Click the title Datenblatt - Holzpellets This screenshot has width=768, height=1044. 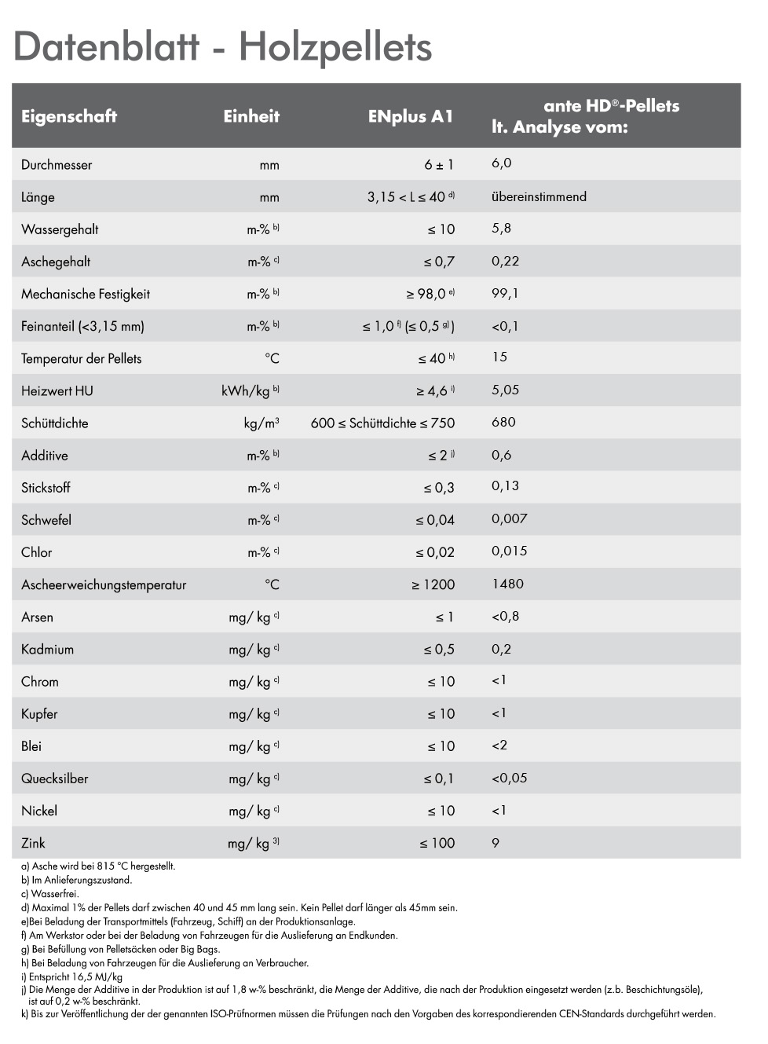[222, 46]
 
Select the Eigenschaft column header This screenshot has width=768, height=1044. [69, 116]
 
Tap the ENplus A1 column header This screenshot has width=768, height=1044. [411, 116]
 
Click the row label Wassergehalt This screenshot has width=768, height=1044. [60, 229]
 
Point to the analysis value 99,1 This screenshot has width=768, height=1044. [505, 293]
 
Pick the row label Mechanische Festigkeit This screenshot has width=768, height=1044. [86, 294]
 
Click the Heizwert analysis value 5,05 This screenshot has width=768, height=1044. [505, 390]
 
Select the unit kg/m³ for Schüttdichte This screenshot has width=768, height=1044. [261, 423]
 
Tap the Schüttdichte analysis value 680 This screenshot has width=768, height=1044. [503, 422]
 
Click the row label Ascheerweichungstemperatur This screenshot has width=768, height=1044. [104, 584]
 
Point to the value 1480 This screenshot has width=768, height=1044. [507, 584]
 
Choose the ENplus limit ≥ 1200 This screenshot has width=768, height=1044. [433, 584]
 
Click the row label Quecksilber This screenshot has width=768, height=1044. [54, 778]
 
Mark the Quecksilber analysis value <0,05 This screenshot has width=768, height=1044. [509, 778]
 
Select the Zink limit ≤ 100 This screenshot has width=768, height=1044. [437, 843]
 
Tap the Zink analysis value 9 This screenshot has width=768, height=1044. [496, 843]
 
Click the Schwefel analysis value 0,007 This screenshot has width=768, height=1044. [509, 518]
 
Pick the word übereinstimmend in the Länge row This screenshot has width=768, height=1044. [539, 196]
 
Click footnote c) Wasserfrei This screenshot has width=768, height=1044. [50, 894]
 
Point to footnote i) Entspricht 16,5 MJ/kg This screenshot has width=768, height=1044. [71, 976]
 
